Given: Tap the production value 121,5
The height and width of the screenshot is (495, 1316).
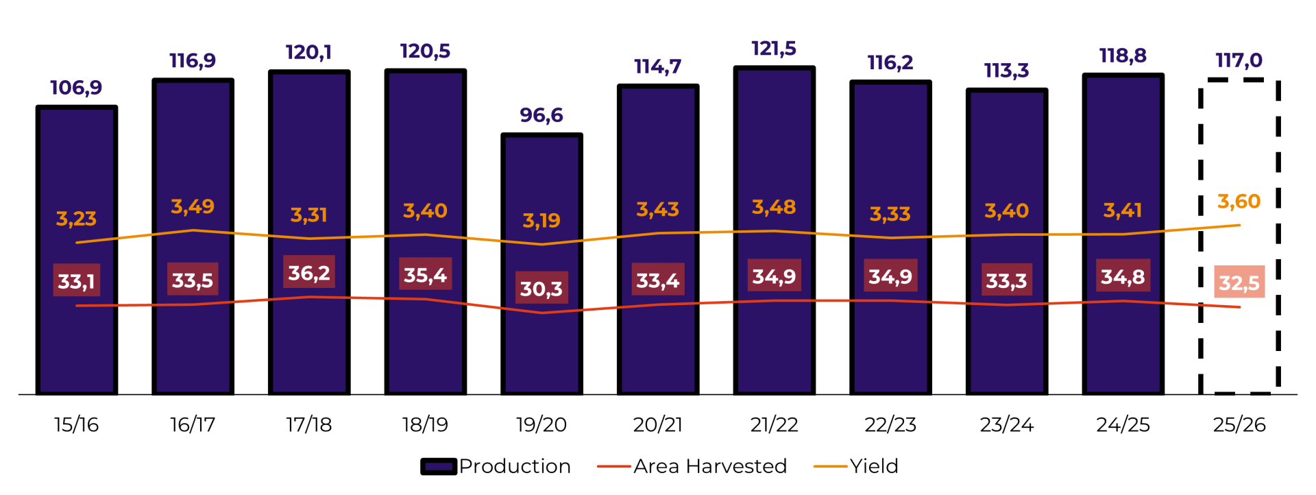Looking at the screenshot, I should [774, 49].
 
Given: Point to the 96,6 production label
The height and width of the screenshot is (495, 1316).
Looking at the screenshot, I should [541, 115].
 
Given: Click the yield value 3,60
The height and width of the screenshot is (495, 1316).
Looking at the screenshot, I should [1239, 202].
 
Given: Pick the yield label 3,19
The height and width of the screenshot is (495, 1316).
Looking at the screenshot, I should [541, 221].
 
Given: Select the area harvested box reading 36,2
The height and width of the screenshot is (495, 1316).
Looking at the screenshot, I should [309, 273].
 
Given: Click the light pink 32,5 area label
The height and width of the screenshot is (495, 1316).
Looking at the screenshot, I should [1239, 282].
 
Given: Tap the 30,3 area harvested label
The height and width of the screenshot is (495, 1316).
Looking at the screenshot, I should [541, 289].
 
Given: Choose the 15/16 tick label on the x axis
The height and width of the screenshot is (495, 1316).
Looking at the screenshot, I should [77, 425].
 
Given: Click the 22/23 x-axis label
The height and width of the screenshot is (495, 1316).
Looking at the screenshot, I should [890, 425].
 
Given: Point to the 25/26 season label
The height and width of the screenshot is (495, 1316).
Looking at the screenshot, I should [1239, 425].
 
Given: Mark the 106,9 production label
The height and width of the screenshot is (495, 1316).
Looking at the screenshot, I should [76, 88].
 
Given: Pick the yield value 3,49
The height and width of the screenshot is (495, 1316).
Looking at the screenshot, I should [193, 206].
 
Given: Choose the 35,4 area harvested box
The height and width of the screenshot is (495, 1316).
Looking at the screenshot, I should [425, 276].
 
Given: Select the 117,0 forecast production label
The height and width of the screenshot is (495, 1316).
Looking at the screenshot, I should [1239, 60].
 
